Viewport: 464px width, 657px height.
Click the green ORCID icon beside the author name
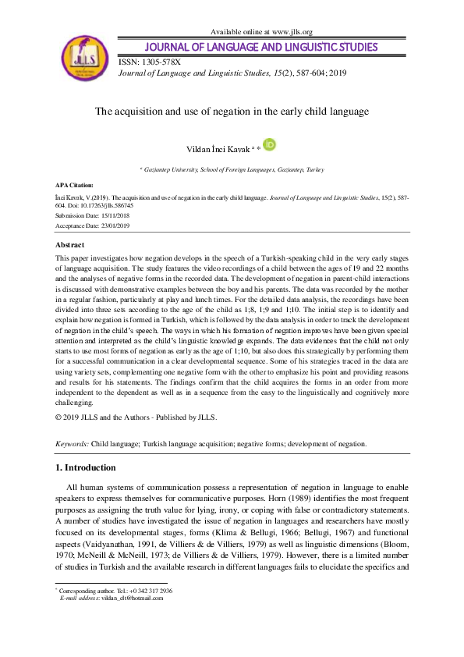270,144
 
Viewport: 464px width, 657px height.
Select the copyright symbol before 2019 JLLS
59,417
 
